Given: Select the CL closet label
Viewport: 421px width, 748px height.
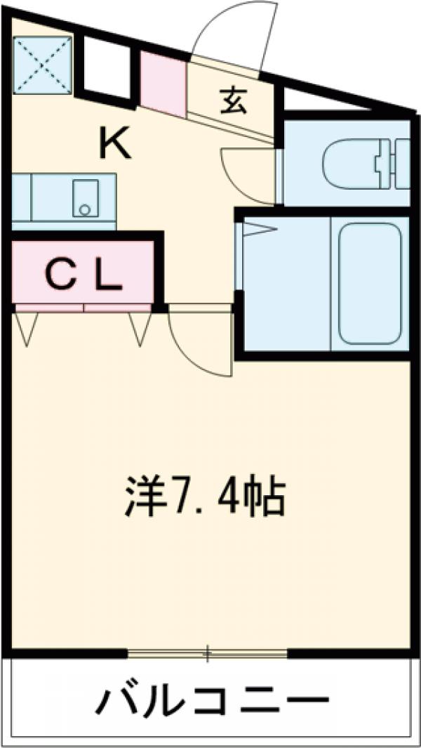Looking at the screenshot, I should [84, 276].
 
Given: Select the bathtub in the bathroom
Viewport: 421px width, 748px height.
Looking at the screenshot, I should [369, 283].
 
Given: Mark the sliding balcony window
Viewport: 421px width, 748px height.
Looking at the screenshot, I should [208, 655].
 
